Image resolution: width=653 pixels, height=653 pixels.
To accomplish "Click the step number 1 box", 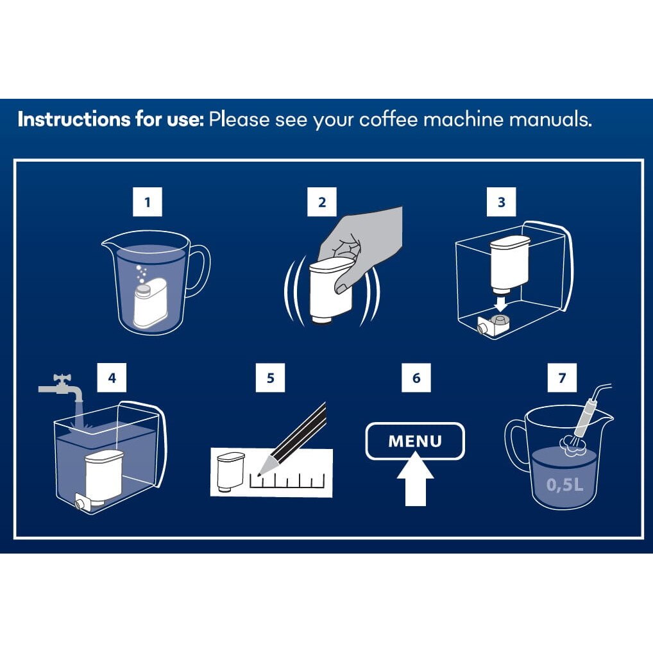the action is [x=148, y=202].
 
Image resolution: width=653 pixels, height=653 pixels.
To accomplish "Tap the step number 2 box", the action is [x=322, y=202].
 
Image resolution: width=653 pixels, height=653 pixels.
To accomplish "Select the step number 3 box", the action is [x=502, y=202].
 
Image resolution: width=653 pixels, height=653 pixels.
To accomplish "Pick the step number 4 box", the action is [x=112, y=378].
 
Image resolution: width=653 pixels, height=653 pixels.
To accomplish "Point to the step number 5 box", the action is [x=270, y=378].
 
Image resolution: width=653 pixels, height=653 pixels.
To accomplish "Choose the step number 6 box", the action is [x=416, y=378].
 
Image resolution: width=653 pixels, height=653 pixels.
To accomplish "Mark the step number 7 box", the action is [x=562, y=378].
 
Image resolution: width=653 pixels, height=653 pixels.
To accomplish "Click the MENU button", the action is [x=415, y=441].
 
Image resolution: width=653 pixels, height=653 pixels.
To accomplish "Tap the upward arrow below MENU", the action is [x=415, y=479].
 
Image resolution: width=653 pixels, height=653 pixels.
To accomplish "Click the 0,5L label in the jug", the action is [x=564, y=484].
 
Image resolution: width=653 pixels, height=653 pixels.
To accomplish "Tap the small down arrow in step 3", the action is [x=500, y=303].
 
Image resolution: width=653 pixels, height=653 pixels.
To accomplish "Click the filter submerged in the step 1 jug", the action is [x=150, y=303].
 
